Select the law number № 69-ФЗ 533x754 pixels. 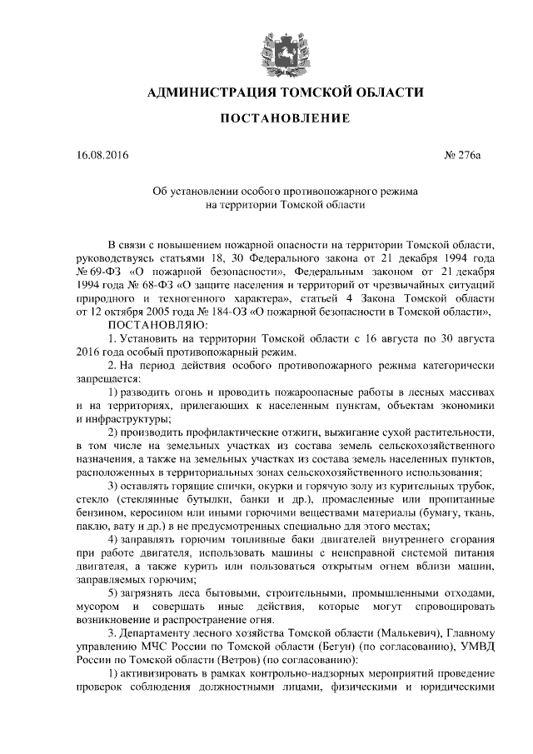point(89,272)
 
